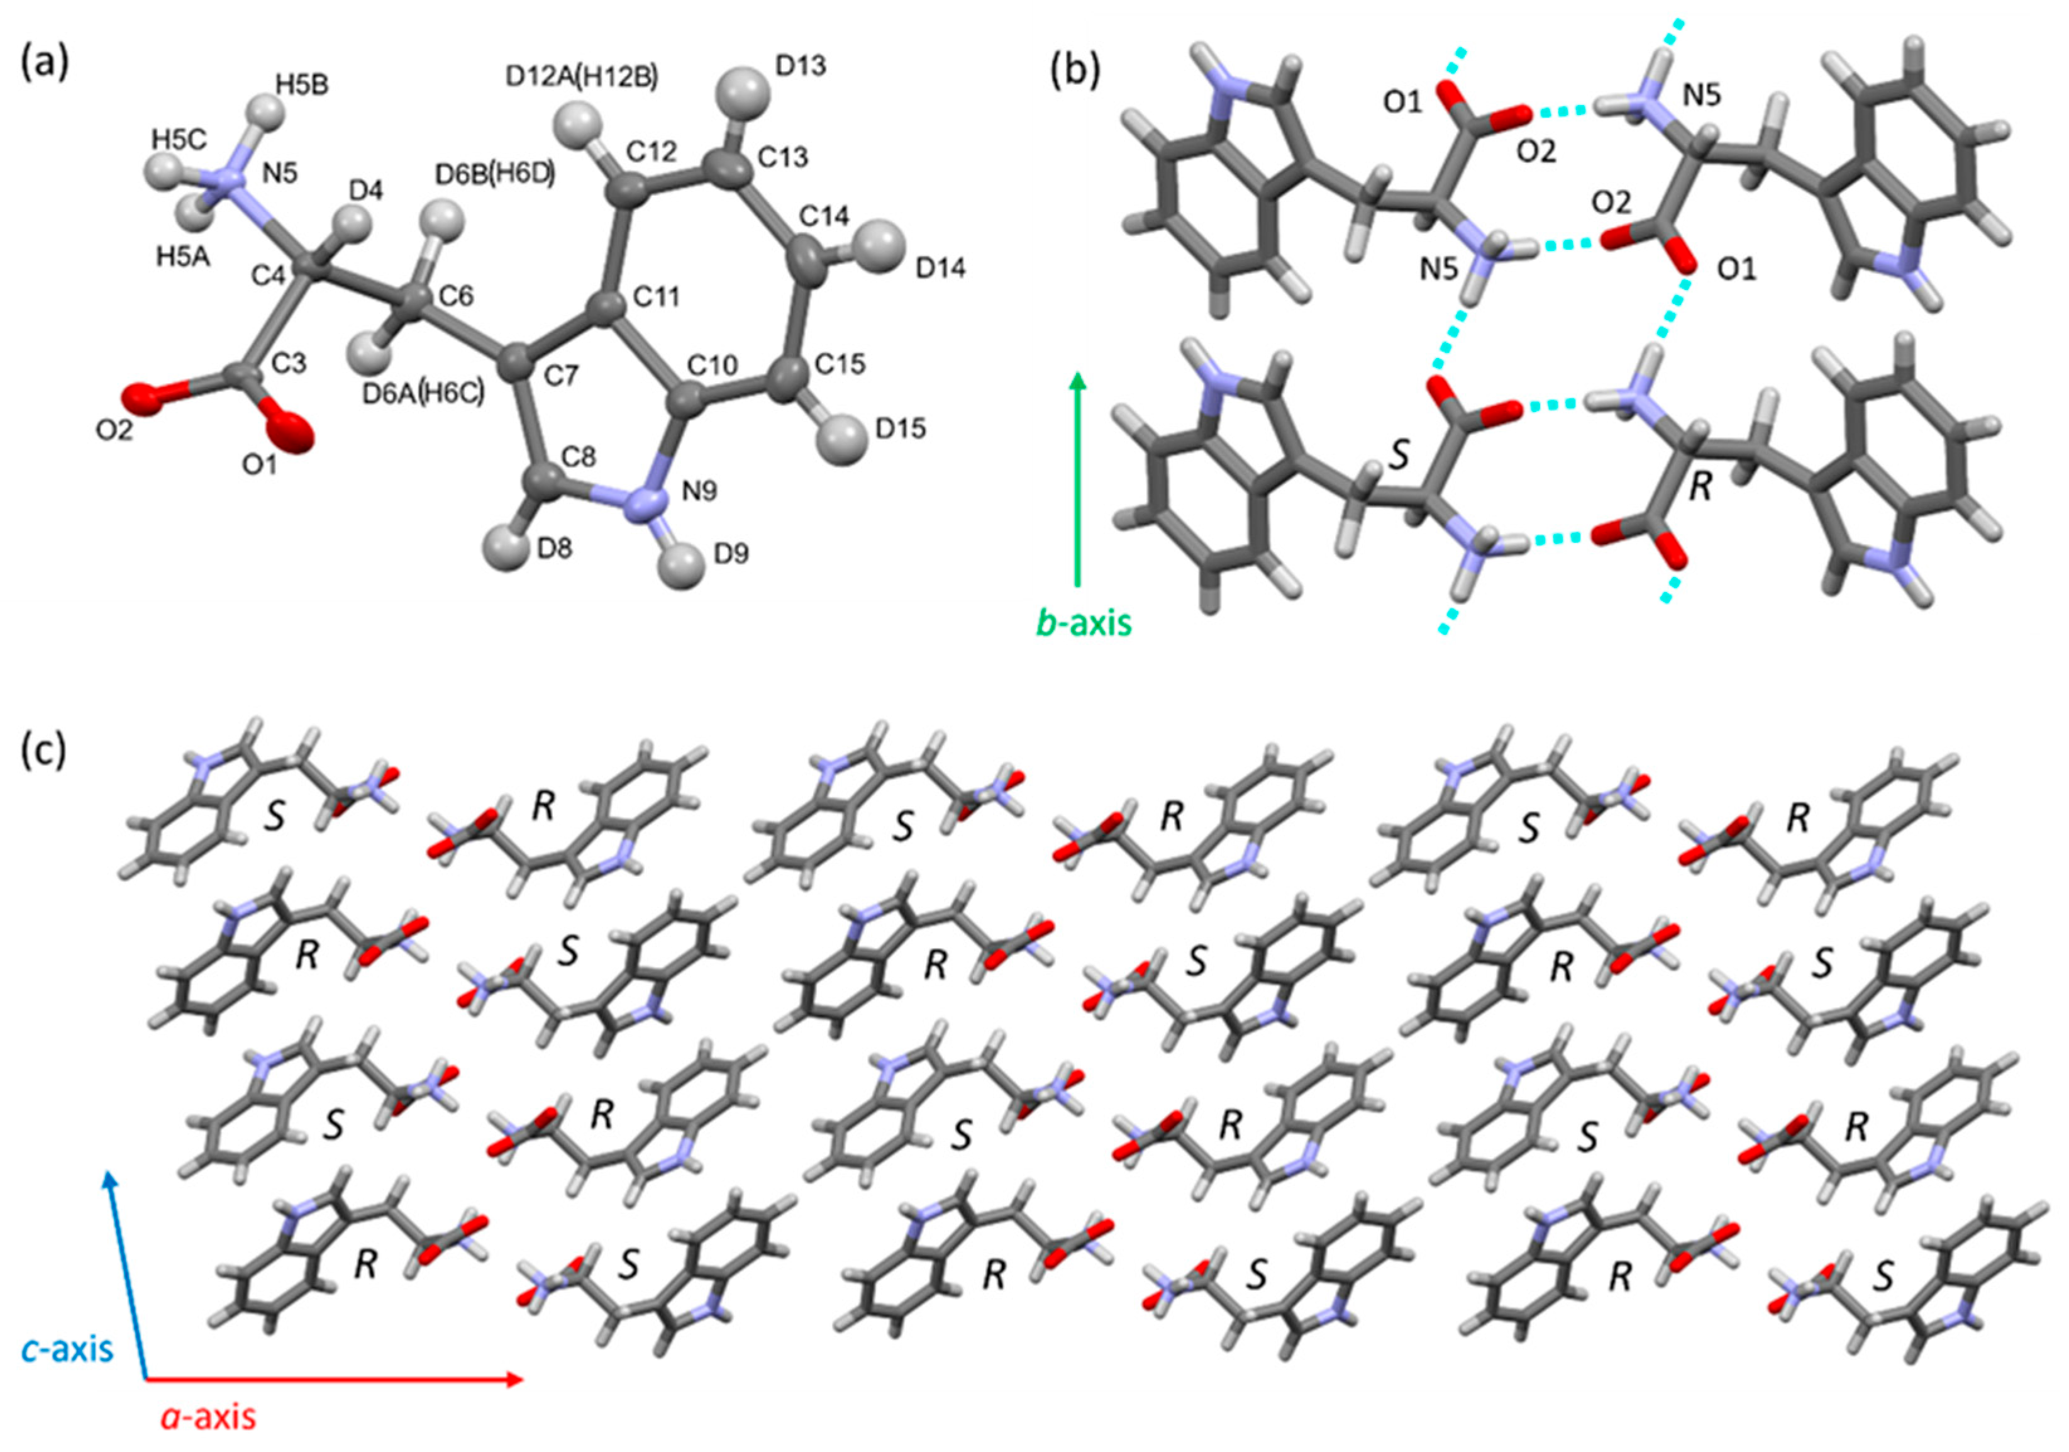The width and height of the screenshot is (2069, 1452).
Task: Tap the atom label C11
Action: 656,296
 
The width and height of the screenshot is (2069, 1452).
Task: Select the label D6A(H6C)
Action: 423,393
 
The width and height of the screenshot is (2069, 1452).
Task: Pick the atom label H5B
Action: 302,85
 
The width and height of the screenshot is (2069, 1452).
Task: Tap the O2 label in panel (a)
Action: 114,430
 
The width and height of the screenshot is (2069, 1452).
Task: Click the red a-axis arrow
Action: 333,1379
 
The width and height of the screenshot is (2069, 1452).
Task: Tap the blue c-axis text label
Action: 67,1349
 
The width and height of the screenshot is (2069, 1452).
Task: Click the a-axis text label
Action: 208,1417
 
